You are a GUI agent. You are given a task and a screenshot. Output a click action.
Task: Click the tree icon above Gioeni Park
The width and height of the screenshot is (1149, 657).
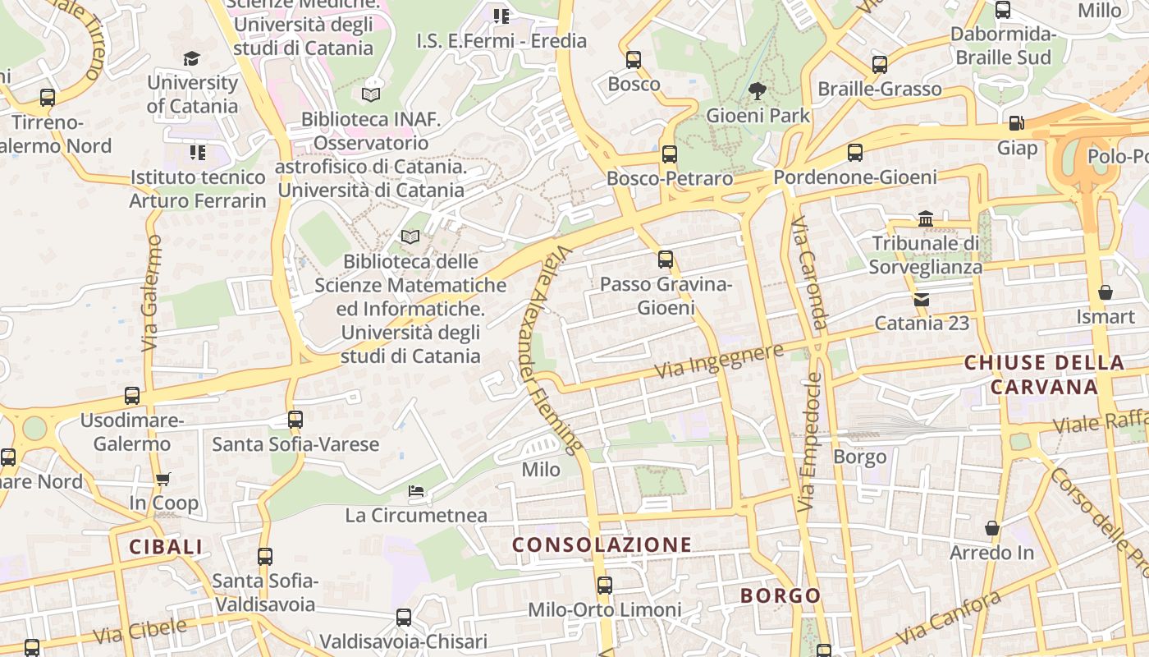pos(757,90)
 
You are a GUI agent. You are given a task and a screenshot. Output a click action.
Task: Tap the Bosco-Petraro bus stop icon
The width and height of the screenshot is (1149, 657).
pos(670,154)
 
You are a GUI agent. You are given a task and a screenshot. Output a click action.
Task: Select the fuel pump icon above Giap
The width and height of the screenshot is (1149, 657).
pos(1016,123)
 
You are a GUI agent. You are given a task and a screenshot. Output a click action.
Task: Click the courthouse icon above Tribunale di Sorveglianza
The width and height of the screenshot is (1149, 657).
pos(926,218)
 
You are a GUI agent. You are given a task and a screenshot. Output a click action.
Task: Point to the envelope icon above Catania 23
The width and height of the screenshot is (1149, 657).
pos(922,299)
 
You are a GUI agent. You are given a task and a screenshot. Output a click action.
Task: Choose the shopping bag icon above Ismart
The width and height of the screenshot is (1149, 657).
pos(1106,292)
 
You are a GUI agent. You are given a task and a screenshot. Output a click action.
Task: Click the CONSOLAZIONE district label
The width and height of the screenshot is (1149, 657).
pos(602,544)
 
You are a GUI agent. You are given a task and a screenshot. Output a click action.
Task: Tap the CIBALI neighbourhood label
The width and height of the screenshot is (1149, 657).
pos(166,547)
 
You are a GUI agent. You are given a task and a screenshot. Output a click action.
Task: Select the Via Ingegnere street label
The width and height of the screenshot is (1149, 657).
pos(719,362)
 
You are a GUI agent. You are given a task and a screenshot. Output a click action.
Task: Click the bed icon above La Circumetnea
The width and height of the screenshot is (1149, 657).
pos(416,491)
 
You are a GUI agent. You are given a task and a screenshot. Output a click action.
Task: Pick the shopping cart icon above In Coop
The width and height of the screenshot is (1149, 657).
pos(163,479)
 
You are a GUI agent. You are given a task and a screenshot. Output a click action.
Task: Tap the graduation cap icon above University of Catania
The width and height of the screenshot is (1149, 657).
pos(191,58)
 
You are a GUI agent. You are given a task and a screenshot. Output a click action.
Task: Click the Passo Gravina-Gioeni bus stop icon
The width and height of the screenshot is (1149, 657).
pos(666,260)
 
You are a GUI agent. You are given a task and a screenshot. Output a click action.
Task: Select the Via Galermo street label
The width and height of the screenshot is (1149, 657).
pos(151,293)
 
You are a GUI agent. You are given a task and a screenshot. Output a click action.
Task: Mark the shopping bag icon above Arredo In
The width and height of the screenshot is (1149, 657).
pos(992,528)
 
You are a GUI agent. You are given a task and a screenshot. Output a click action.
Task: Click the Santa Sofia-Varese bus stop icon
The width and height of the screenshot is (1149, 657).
pos(295,420)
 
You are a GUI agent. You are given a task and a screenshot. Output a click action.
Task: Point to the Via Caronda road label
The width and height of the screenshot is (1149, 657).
pos(809,273)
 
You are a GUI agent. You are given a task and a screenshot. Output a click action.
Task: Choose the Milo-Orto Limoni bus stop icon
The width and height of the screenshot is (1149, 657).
pos(605,586)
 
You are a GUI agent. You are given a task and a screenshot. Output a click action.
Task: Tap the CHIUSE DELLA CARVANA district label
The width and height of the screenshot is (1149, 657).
pos(1044,374)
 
